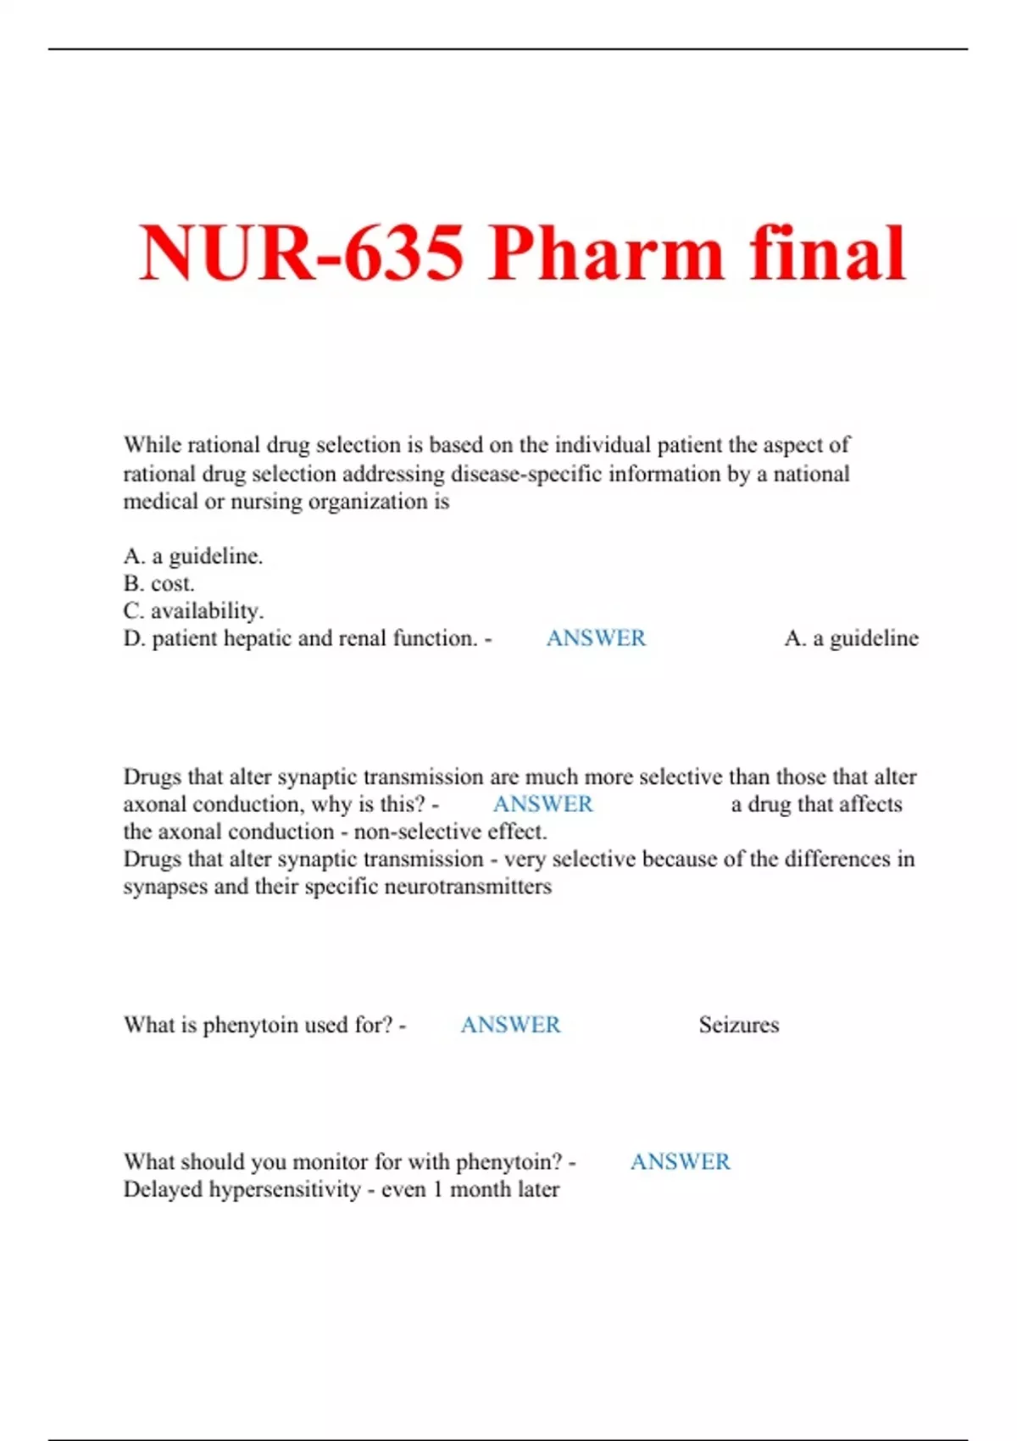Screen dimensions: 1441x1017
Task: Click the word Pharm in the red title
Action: [x=605, y=253]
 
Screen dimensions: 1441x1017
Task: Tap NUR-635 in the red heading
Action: [x=302, y=253]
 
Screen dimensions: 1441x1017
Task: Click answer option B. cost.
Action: [x=158, y=583]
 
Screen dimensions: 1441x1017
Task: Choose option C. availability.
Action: [x=193, y=610]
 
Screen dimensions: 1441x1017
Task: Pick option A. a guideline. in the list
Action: [x=193, y=556]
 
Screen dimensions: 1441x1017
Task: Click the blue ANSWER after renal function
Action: [x=596, y=638]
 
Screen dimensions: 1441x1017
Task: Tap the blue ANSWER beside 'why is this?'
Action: [x=542, y=804]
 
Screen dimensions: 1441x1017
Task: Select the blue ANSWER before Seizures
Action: [x=510, y=1025]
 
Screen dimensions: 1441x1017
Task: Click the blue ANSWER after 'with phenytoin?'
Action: [x=680, y=1161]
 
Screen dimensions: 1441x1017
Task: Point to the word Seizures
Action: [x=738, y=1025]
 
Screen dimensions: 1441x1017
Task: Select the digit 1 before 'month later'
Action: [x=437, y=1189]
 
